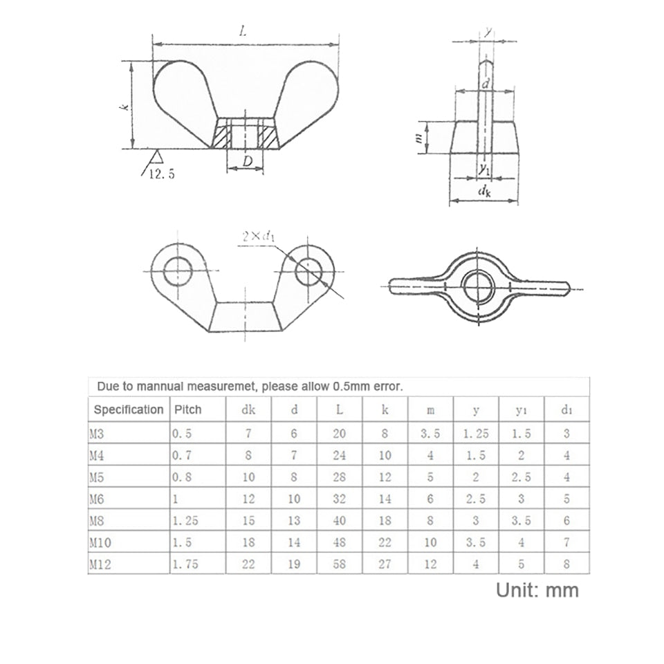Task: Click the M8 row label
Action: pos(97,520)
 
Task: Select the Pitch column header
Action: pos(188,409)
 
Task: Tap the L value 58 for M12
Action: pos(339,564)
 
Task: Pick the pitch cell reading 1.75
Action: pos(185,564)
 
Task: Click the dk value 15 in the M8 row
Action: pos(248,520)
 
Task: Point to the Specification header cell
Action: pos(129,409)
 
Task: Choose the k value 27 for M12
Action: pos(385,564)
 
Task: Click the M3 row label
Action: pos(96,433)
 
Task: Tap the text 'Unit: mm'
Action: pos(537,590)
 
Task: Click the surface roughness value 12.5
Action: pos(162,174)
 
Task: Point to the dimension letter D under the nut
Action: pos(248,161)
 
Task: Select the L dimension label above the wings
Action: pos(243,31)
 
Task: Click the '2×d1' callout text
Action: pos(258,237)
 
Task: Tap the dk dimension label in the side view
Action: pos(484,192)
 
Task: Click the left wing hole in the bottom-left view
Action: pos(178,271)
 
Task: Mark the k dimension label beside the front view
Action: pos(124,107)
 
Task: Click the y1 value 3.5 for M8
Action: pos(521,520)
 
